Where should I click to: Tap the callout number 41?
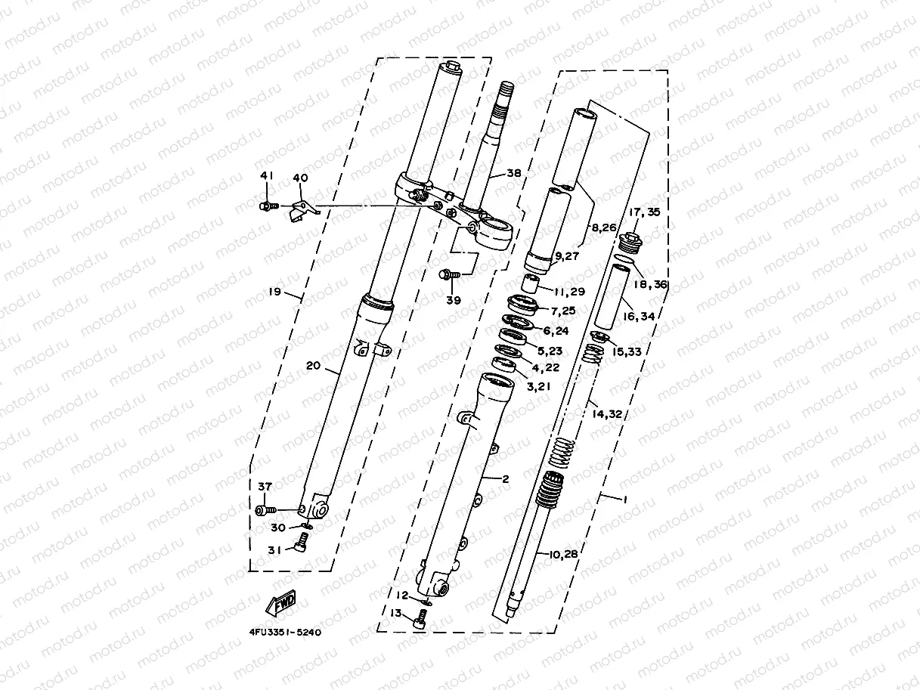tap(265, 176)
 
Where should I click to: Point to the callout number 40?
tap(300, 178)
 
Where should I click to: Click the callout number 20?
tap(313, 366)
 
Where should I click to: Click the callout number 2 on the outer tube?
tap(506, 479)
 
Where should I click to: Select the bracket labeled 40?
tap(302, 209)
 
